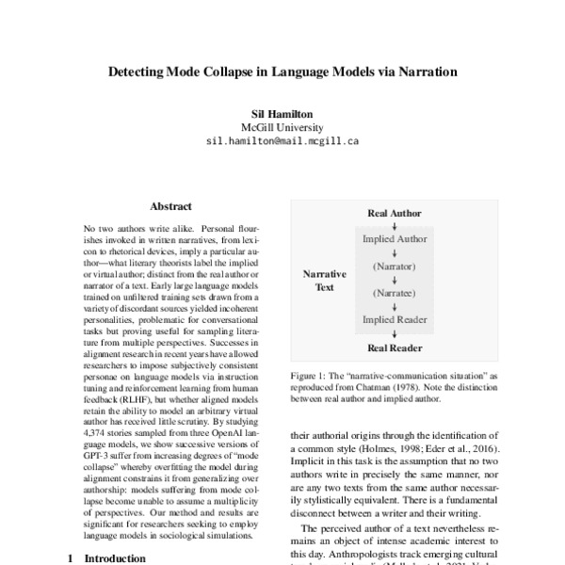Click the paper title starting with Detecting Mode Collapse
point(282,71)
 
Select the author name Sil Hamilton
point(282,112)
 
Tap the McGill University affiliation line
point(282,127)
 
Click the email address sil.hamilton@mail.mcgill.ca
point(282,142)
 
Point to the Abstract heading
point(170,206)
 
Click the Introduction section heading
point(109,557)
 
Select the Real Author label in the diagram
point(394,214)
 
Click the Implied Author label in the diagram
point(394,239)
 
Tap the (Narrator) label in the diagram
point(394,266)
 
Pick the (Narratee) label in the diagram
point(394,293)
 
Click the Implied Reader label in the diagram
point(394,320)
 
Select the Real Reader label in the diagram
point(394,347)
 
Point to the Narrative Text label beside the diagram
point(324,280)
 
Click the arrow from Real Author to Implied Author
point(394,226)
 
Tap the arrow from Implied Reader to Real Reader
point(394,333)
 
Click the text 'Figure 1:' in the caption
point(311,375)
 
